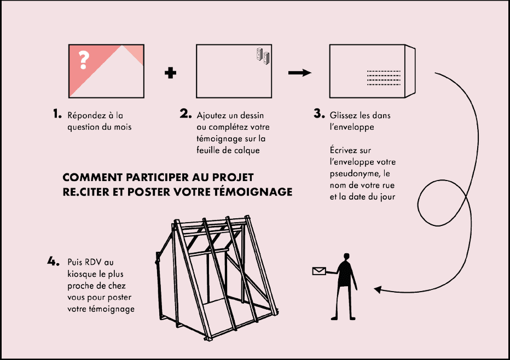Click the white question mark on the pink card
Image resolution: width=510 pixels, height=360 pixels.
coord(83,60)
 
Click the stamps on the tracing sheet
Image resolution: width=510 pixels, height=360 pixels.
coord(263,55)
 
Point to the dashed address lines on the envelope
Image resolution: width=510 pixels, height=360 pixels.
coord(383,78)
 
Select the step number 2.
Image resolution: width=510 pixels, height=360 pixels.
coord(186,114)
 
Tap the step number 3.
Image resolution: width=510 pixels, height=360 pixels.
coord(319,114)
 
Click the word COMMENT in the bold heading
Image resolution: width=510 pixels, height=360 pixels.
coord(90,178)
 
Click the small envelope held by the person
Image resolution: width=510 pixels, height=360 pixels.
coord(318,271)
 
